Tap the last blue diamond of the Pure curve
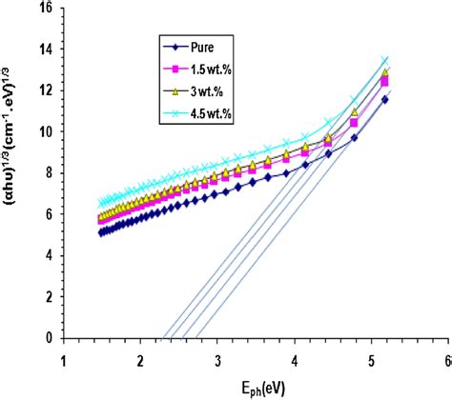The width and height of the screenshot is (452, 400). point(385,99)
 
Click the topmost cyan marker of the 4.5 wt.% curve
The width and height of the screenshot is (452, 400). point(385,61)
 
